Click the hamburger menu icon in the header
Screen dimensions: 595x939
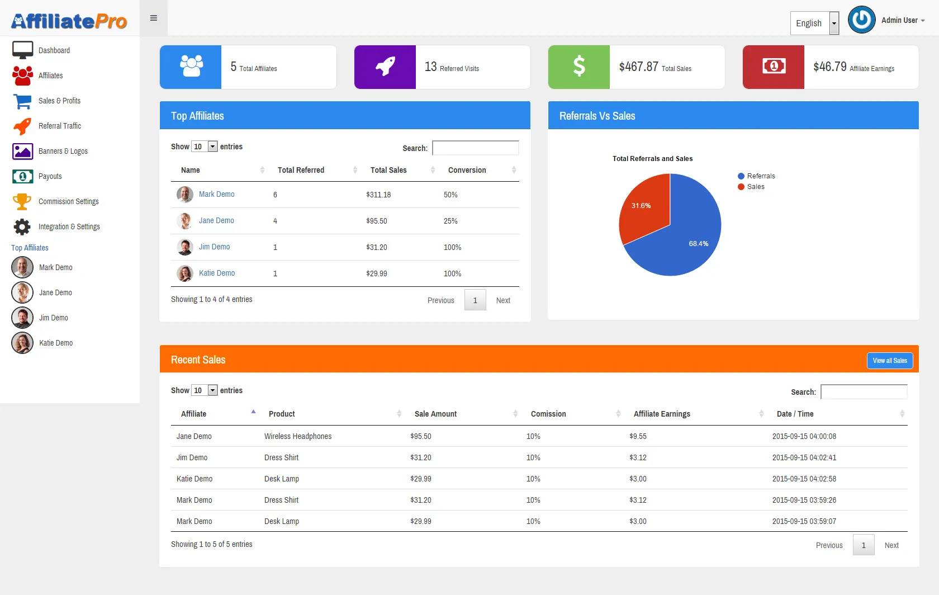pos(154,18)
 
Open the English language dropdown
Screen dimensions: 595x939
pos(814,23)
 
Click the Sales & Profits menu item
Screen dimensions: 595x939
pos(59,101)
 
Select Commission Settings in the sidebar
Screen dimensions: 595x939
pos(68,202)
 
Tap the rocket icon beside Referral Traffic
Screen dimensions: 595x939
pos(22,126)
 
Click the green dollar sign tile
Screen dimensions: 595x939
pos(579,67)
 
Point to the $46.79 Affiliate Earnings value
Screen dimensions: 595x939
pos(830,67)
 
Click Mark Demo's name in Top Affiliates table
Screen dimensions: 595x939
pos(216,195)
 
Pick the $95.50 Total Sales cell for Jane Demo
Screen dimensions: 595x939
pos(377,221)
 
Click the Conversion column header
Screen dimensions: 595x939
pos(467,171)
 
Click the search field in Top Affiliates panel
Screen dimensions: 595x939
pos(475,148)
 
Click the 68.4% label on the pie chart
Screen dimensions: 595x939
pos(698,244)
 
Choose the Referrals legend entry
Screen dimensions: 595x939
pos(761,176)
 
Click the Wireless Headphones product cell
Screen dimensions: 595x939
pos(298,437)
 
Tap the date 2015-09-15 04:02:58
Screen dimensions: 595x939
pos(804,479)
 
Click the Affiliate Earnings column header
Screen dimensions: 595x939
pos(662,414)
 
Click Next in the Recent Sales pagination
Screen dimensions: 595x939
pos(891,546)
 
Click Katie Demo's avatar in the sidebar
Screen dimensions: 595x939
pos(22,343)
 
